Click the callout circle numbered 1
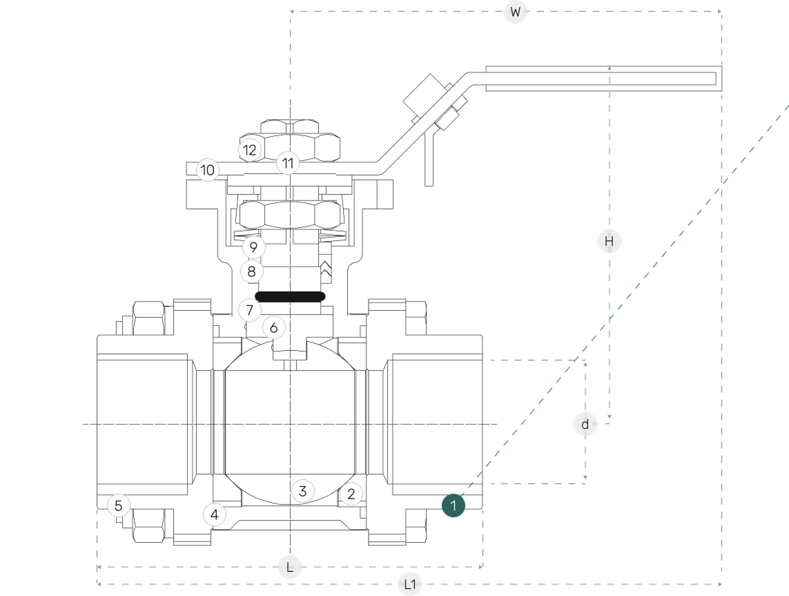[454, 506]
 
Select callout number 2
[351, 494]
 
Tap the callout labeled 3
[302, 491]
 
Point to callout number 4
[215, 515]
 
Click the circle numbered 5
[119, 506]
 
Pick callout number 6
[274, 327]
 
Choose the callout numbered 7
[250, 310]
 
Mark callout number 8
[252, 271]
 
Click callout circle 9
[254, 247]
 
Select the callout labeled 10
[208, 170]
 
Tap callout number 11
[288, 164]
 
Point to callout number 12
[250, 150]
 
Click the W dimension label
[515, 12]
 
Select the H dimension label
[609, 241]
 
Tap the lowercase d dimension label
[585, 424]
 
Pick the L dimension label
[290, 568]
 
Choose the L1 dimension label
[411, 585]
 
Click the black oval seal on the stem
[289, 296]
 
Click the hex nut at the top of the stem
[291, 138]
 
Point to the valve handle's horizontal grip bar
[601, 78]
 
